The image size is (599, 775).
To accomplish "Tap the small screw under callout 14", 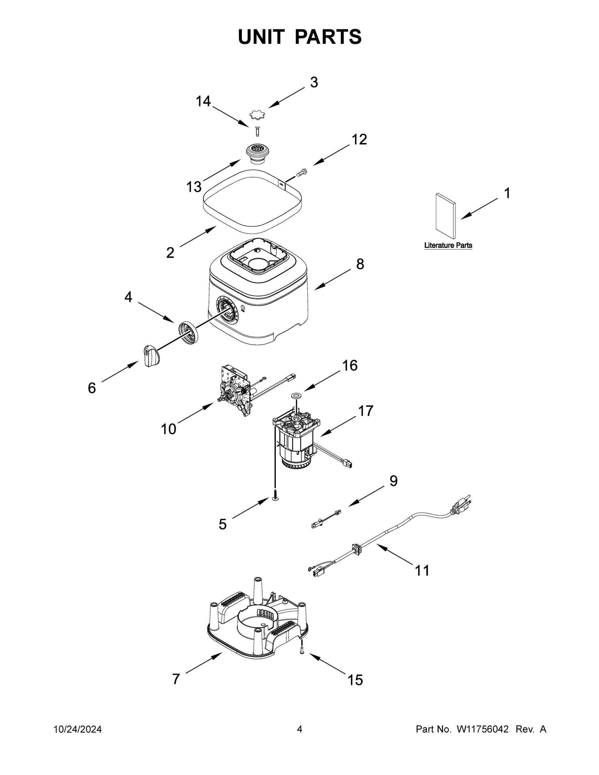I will coord(258,131).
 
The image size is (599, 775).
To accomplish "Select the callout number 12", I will coord(359,140).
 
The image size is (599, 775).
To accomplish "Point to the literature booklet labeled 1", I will coord(446,216).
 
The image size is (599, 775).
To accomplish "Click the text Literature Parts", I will coord(448,245).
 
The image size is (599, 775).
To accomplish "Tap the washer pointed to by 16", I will coord(295,395).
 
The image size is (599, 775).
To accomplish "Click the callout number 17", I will coord(366,411).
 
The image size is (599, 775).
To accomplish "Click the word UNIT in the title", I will coord(261,36).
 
